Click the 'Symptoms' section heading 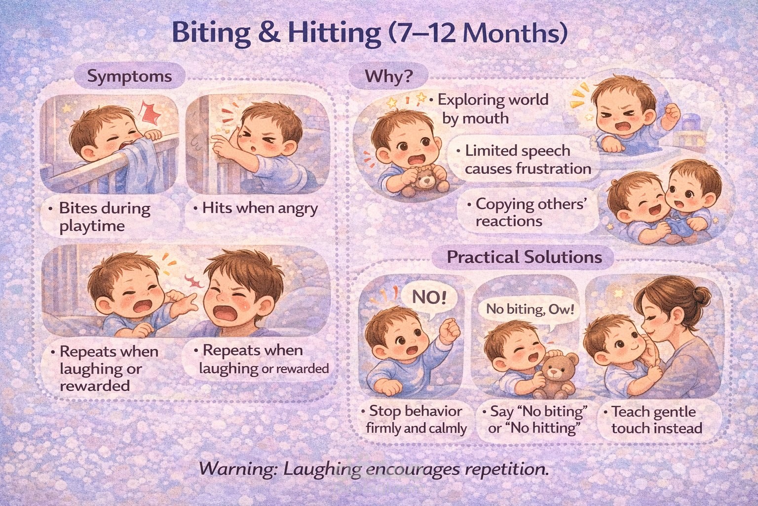pyautogui.click(x=129, y=76)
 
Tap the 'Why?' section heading pyautogui.click(x=389, y=76)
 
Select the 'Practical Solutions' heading pyautogui.click(x=524, y=257)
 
